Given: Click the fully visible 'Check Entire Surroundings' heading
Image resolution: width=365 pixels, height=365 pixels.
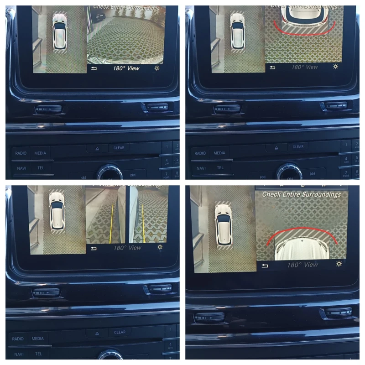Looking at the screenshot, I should (301, 194).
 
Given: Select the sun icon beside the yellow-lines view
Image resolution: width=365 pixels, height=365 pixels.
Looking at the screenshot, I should (160, 247).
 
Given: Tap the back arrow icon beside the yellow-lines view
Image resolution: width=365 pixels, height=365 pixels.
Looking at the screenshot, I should (94, 248).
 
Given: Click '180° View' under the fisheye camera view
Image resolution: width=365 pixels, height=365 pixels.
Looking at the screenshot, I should (126, 68).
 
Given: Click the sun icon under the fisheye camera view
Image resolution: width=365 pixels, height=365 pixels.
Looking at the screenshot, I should (157, 68).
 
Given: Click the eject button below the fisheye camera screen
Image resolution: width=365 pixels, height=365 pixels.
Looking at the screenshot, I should (97, 148).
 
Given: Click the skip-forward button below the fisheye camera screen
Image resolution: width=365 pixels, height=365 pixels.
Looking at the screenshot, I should (133, 175).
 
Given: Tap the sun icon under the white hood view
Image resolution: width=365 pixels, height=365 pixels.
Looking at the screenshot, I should (339, 264).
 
